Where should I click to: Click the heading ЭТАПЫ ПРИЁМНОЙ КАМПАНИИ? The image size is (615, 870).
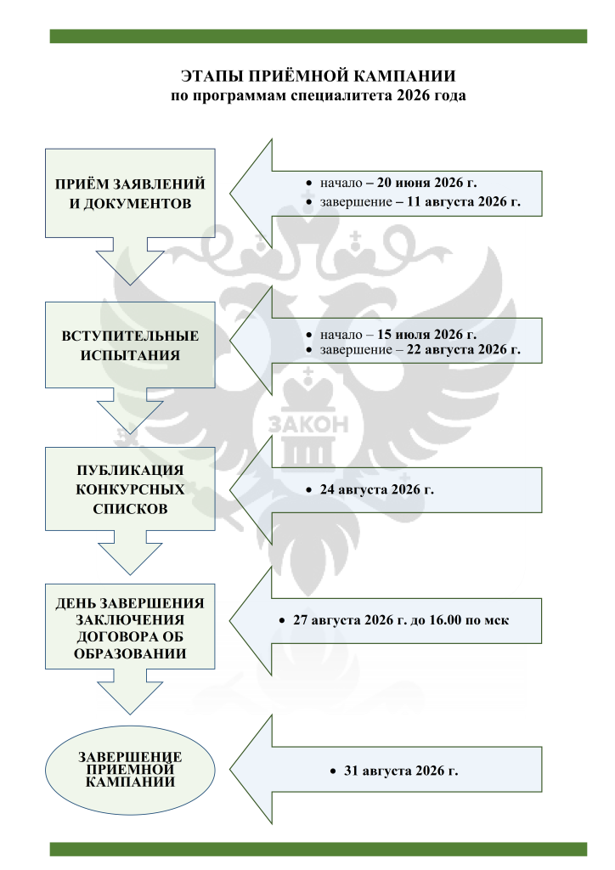[x=319, y=76]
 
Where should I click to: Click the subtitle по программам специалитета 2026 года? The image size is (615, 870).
[x=319, y=95]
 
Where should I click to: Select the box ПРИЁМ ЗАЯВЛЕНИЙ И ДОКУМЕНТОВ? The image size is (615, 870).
[x=130, y=193]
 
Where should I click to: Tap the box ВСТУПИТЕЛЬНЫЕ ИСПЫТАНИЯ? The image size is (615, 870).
[x=130, y=345]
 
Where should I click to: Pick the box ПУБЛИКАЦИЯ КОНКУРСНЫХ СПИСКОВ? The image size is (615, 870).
[x=130, y=489]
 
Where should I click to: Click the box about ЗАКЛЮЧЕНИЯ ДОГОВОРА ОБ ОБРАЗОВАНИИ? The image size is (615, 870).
[x=130, y=626]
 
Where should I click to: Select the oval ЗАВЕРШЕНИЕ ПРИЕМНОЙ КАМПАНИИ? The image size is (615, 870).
[x=130, y=770]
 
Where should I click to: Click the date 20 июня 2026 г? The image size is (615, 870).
[x=426, y=183]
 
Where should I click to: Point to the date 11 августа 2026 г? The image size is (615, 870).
[x=464, y=201]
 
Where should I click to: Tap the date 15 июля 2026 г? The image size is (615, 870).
[x=426, y=334]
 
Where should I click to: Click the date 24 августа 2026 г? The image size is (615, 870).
[x=376, y=489]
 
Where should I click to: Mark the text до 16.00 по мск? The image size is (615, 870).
[x=460, y=619]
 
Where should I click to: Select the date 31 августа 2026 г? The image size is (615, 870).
[x=401, y=771]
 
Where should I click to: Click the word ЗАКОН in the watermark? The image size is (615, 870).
[x=308, y=425]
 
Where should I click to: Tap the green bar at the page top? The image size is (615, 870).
[x=319, y=36]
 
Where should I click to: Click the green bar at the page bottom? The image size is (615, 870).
[x=319, y=849]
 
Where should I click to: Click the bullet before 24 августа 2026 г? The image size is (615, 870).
[x=309, y=490]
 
